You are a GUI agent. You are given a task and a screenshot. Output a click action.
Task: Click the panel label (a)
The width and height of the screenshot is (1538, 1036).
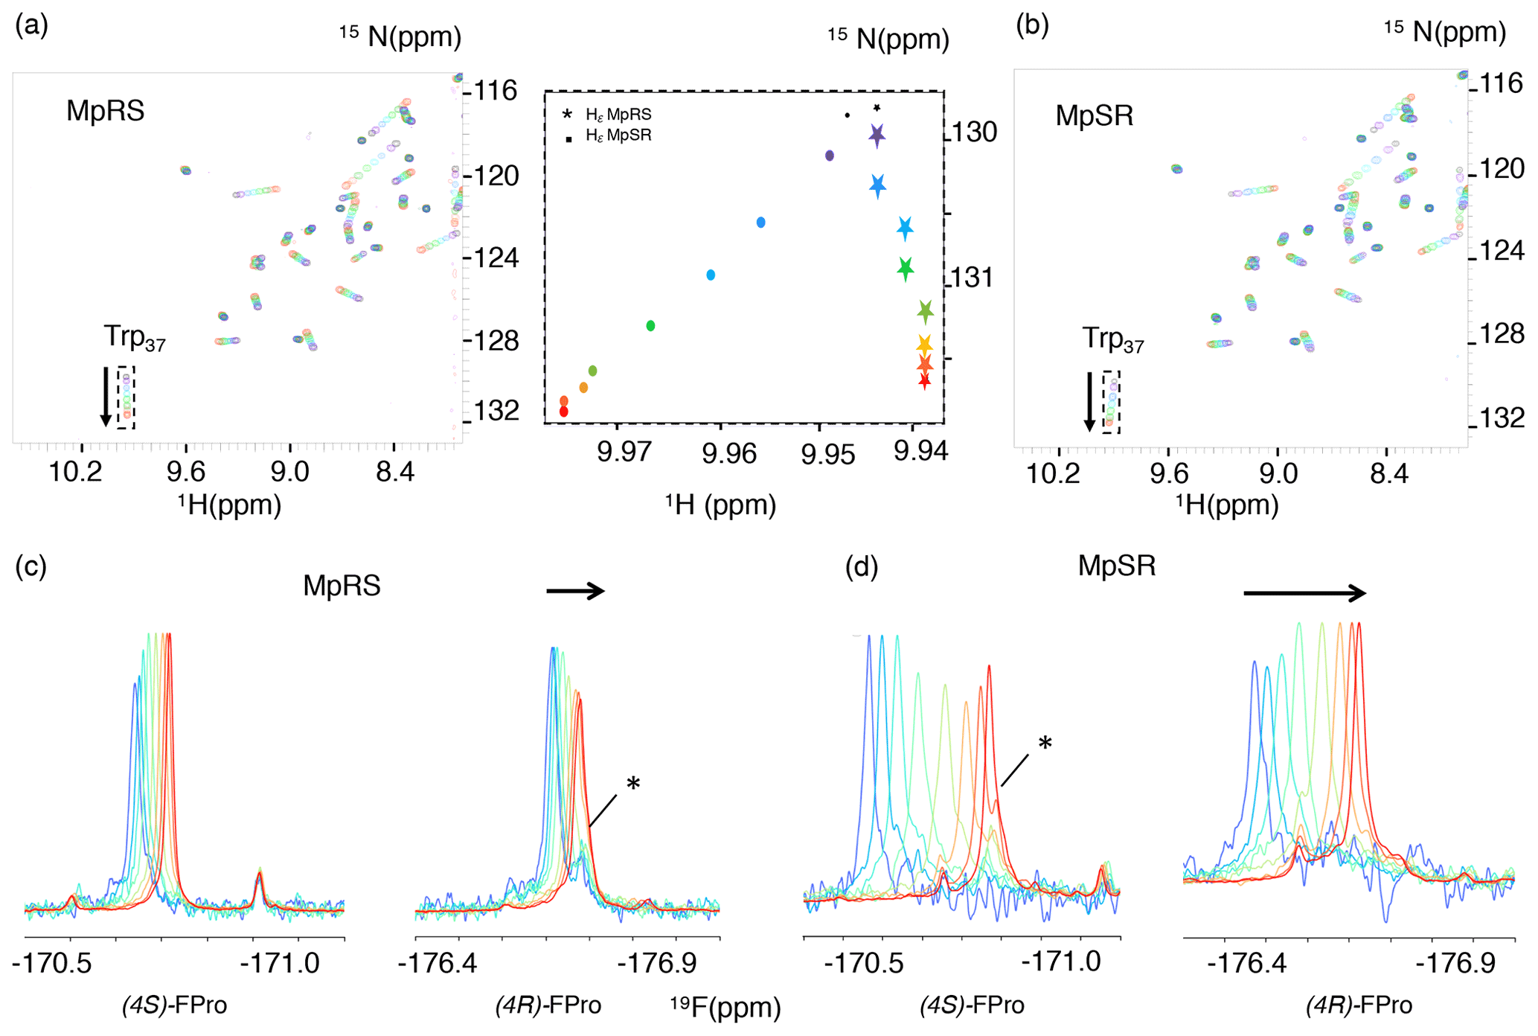32,27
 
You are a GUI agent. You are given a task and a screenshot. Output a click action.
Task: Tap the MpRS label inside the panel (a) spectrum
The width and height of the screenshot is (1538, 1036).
105,111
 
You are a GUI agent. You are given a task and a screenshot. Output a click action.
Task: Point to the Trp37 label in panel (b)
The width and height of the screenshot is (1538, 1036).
1112,339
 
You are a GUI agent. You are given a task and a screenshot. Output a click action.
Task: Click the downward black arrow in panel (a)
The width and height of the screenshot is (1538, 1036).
106,396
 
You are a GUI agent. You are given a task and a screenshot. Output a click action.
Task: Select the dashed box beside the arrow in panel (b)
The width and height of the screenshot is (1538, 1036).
1111,402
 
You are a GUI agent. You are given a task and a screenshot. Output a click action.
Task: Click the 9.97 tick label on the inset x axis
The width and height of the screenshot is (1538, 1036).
623,452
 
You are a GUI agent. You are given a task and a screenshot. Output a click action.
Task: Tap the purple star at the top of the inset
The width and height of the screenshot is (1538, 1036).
877,135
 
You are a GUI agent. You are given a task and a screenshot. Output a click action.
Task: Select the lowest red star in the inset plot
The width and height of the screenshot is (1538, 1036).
924,381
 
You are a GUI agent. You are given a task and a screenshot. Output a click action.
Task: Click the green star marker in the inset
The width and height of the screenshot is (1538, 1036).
905,268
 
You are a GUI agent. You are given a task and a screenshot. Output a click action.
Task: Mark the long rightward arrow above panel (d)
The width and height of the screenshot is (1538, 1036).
1304,593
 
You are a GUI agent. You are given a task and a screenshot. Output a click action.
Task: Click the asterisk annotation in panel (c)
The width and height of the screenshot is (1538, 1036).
633,783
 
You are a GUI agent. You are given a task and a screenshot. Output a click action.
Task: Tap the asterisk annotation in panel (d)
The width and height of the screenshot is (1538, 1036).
1045,743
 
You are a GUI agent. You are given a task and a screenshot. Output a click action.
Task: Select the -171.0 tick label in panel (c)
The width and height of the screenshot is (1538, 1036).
279,963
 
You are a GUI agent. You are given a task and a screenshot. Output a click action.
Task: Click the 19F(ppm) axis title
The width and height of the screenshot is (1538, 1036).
725,1007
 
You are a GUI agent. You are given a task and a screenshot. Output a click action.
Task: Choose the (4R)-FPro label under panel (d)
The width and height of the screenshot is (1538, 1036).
1359,1005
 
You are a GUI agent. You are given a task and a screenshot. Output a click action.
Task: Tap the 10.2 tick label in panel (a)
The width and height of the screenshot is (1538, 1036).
76,471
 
